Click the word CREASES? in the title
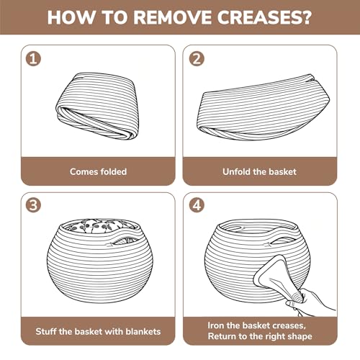[x=264, y=17]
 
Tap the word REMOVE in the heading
[x=172, y=17]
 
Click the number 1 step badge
[x=33, y=59]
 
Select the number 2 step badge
[x=197, y=59]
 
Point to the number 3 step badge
[x=33, y=205]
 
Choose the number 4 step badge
[x=197, y=205]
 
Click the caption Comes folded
[x=98, y=171]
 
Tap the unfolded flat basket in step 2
[x=263, y=107]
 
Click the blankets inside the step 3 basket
[x=101, y=226]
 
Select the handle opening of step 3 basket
[x=125, y=240]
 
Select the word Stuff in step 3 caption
[x=45, y=331]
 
